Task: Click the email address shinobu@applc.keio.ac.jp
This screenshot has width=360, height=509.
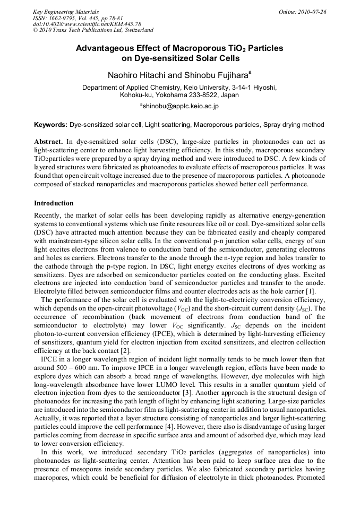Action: pos(180,106)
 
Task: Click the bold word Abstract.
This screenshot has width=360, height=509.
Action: pos(49,142)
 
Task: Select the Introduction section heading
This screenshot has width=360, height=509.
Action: pos(54,203)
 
